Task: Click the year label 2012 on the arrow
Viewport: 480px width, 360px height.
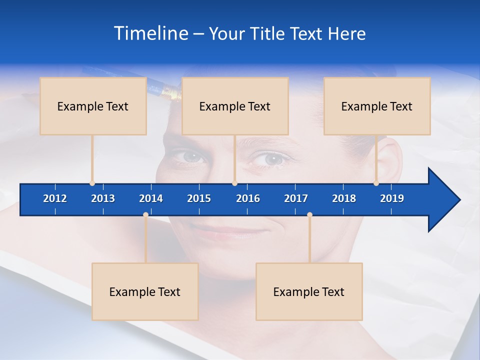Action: (55, 198)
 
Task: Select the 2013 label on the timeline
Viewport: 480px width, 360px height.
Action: (103, 198)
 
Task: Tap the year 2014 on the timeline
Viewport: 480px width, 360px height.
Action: (151, 198)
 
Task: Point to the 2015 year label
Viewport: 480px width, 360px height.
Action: (199, 198)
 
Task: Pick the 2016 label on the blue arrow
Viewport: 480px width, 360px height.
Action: (248, 198)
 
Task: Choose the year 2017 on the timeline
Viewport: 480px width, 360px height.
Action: (296, 198)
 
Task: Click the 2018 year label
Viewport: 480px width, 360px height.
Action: (344, 198)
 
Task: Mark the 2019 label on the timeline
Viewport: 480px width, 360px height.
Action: (392, 198)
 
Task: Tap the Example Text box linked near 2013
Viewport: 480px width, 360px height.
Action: (93, 106)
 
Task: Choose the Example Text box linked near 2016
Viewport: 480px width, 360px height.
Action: (235, 106)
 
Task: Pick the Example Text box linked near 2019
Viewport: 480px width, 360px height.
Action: (377, 106)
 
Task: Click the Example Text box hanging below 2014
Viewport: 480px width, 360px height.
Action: (145, 291)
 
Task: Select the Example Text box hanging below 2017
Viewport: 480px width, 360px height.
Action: (309, 291)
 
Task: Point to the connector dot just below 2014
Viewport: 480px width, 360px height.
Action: (145, 214)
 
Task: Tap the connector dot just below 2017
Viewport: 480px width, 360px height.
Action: (309, 214)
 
